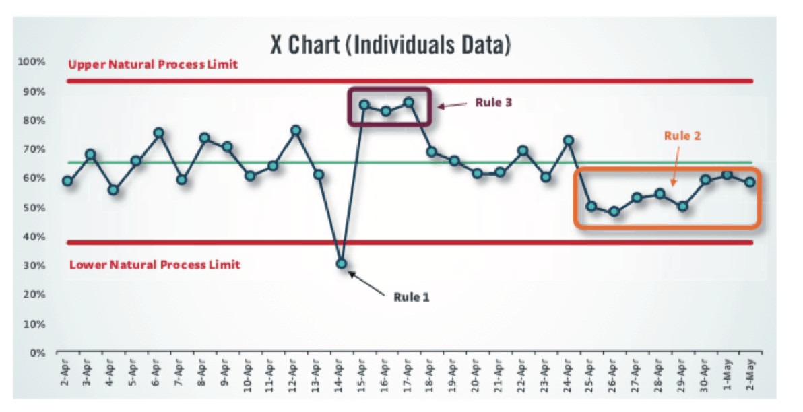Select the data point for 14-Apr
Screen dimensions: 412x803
click(341, 264)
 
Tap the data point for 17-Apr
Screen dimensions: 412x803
click(409, 102)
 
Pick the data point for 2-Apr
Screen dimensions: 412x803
click(67, 181)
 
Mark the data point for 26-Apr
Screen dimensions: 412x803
click(614, 211)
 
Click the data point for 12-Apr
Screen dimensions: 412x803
click(295, 130)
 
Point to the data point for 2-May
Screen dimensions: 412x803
click(750, 182)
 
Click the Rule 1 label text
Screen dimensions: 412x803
click(410, 296)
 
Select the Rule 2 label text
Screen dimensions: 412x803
click(682, 135)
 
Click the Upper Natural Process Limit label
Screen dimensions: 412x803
click(153, 65)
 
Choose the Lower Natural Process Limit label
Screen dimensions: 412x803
click(154, 265)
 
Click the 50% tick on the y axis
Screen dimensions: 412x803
click(35, 207)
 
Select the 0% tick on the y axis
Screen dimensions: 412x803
click(38, 352)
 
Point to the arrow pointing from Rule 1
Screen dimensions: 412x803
click(366, 279)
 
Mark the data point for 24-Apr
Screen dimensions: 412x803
click(568, 141)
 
